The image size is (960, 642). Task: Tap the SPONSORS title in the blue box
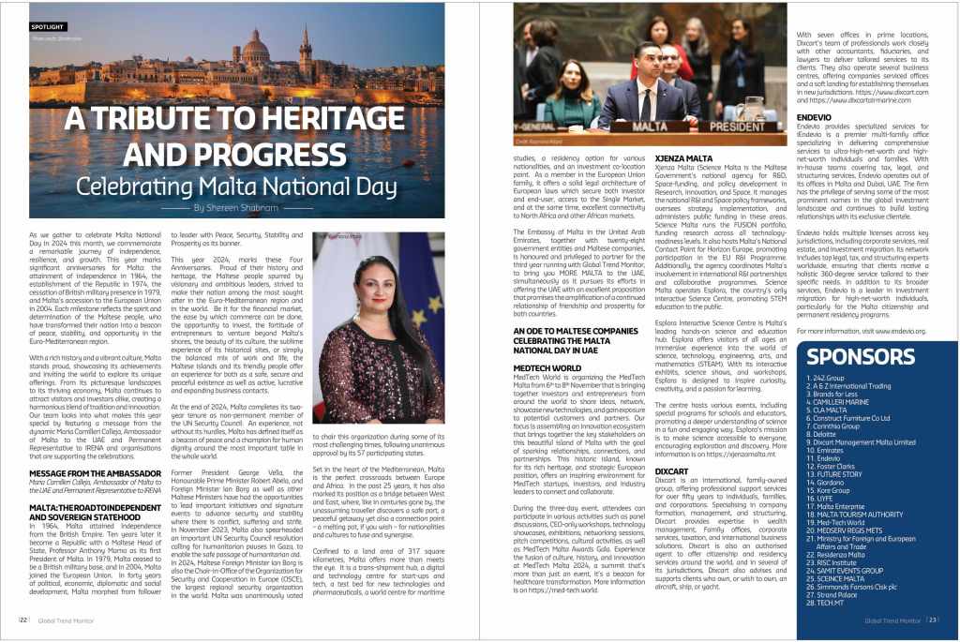pyautogui.click(x=860, y=356)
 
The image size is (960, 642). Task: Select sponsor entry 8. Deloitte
pyautogui.click(x=825, y=434)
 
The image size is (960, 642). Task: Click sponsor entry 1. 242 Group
pyautogui.click(x=827, y=377)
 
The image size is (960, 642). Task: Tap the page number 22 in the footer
pyautogui.click(x=22, y=620)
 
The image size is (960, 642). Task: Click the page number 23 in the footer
pyautogui.click(x=934, y=620)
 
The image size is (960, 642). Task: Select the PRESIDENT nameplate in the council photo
pyautogui.click(x=737, y=125)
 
